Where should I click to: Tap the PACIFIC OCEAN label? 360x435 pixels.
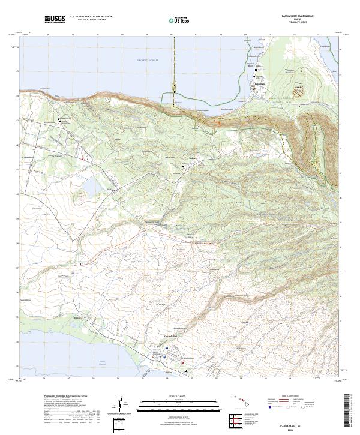(x=146, y=61)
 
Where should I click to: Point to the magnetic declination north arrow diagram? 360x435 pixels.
(x=121, y=406)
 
